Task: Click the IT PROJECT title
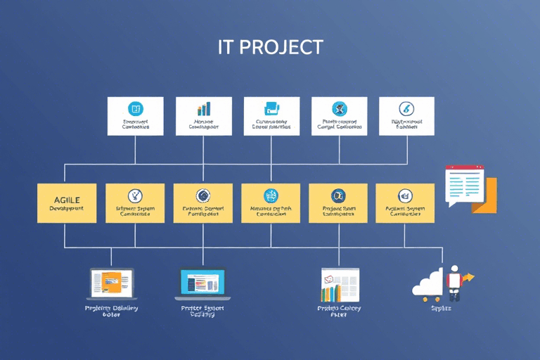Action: point(270,47)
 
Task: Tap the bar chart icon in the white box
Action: point(203,109)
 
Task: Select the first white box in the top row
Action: point(135,116)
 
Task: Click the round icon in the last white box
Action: point(406,108)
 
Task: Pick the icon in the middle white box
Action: point(271,109)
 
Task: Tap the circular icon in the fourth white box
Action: point(340,108)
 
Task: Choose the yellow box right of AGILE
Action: point(135,203)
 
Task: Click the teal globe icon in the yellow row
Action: point(271,195)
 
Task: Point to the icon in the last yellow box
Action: point(405,195)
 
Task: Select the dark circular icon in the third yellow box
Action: point(203,195)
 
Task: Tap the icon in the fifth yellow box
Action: point(337,195)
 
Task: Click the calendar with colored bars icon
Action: point(340,284)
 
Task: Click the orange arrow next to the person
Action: point(468,278)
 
